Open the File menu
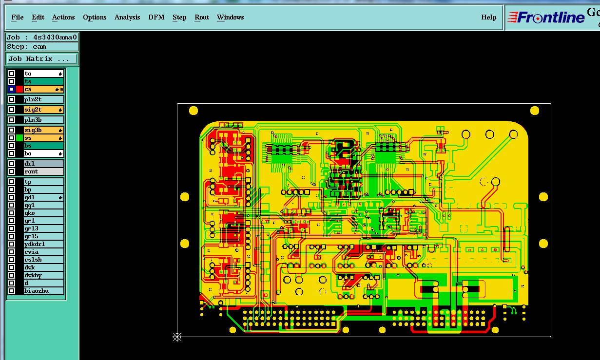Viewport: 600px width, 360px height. [x=18, y=18]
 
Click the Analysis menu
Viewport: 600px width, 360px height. [x=127, y=18]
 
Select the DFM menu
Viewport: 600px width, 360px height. [x=156, y=18]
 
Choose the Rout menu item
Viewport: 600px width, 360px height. [x=202, y=18]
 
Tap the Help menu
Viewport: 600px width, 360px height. [x=489, y=18]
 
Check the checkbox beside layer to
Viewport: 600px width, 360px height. [x=12, y=74]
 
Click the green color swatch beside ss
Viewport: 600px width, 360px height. [x=19, y=138]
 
